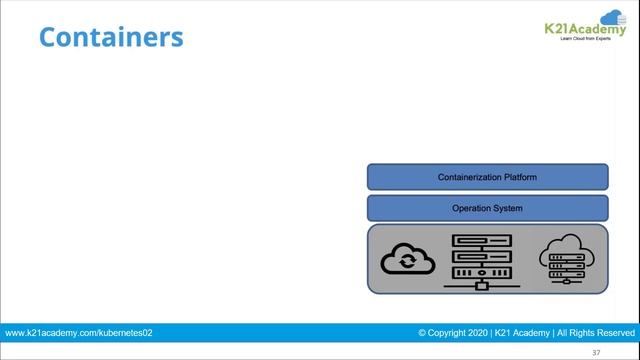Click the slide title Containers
[111, 38]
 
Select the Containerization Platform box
[487, 177]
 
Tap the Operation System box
[487, 208]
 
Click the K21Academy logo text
[586, 30]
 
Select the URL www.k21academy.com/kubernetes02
[78, 332]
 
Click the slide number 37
[596, 352]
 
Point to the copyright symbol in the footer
[423, 332]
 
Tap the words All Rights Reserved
[595, 332]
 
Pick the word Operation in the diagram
[470, 208]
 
